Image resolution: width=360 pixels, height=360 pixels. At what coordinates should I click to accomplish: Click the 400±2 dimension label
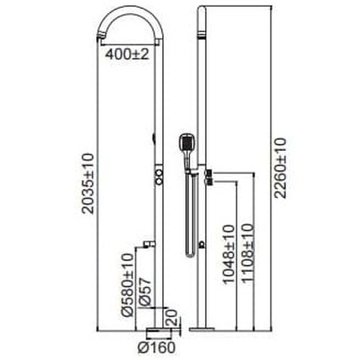(x=127, y=53)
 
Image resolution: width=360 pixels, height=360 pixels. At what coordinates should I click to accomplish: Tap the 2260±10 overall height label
(x=281, y=168)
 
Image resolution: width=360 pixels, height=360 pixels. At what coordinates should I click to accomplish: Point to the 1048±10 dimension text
(x=228, y=254)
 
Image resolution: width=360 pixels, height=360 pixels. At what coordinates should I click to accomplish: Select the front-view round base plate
(x=158, y=331)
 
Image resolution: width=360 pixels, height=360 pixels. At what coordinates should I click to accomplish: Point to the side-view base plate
(x=202, y=329)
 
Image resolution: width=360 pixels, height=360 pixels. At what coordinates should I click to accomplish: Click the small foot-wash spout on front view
(x=149, y=244)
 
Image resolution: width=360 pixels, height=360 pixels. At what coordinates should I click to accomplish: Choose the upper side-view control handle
(x=209, y=173)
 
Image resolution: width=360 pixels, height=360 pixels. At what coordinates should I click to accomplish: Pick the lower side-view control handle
(x=209, y=182)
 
